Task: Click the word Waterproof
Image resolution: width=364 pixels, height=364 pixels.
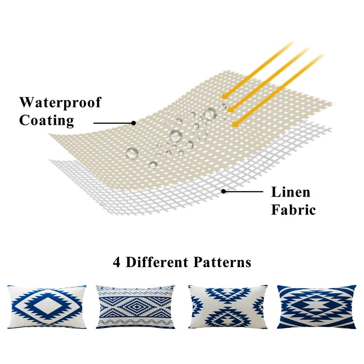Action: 60,102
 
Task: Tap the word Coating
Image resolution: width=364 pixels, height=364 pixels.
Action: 46,121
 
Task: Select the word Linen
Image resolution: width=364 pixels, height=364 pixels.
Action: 291,192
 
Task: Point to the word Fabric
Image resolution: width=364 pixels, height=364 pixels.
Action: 293,210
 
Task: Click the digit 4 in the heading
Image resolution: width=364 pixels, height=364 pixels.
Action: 117,263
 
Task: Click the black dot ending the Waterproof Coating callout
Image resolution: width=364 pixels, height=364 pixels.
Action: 133,123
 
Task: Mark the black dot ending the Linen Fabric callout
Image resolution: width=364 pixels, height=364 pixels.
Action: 223,191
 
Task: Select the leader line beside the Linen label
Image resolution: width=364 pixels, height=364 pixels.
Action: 243,191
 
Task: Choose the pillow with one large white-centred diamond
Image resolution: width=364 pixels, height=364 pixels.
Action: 46,307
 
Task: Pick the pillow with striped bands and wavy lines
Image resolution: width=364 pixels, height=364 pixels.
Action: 136,307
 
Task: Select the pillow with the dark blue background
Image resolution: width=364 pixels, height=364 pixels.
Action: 317,307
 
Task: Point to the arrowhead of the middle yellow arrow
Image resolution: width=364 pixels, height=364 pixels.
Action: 229,109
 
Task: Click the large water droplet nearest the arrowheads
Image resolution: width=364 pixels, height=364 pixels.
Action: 210,114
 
